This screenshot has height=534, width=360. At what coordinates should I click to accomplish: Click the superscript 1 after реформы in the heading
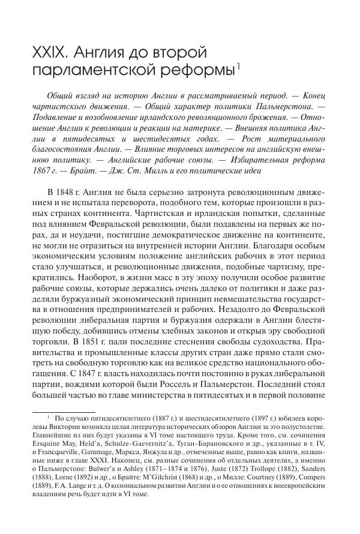[238, 67]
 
